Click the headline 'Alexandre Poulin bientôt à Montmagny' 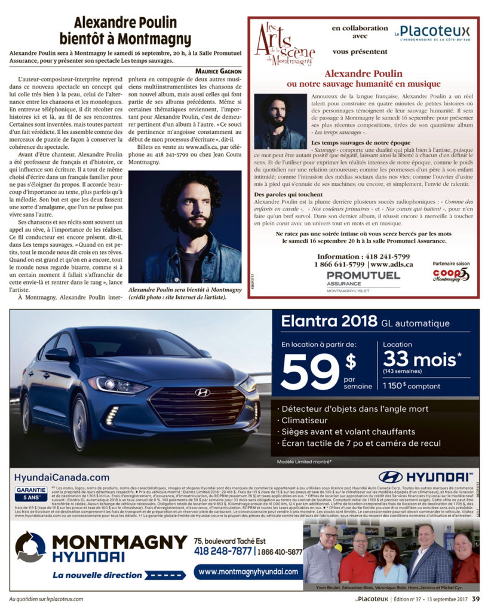[125, 31]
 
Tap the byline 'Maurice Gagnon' [218, 71]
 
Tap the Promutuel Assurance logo [363, 278]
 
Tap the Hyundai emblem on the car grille [202, 393]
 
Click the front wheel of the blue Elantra [80, 423]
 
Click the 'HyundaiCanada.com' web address [62, 478]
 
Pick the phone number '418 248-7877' [223, 551]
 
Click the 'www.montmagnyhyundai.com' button [248, 572]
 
